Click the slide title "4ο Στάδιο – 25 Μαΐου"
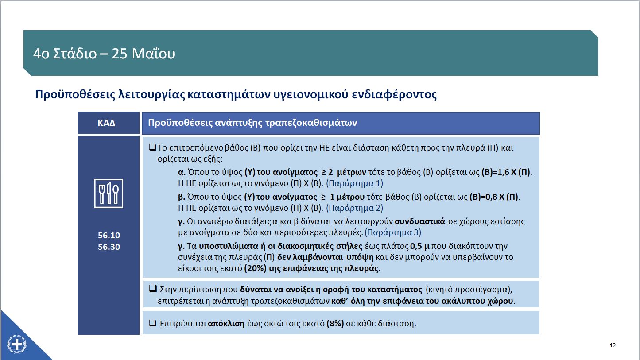[104, 54]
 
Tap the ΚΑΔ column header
[106, 123]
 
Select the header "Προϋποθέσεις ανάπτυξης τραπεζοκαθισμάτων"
[252, 123]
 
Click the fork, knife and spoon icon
[109, 194]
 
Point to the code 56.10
[109, 236]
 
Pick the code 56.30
[109, 247]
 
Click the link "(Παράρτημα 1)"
[354, 183]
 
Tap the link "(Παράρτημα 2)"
[354, 208]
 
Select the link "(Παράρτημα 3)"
[393, 232]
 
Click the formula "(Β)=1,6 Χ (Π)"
[506, 172]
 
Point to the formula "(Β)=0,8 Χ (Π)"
[494, 197]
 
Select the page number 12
[613, 345]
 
